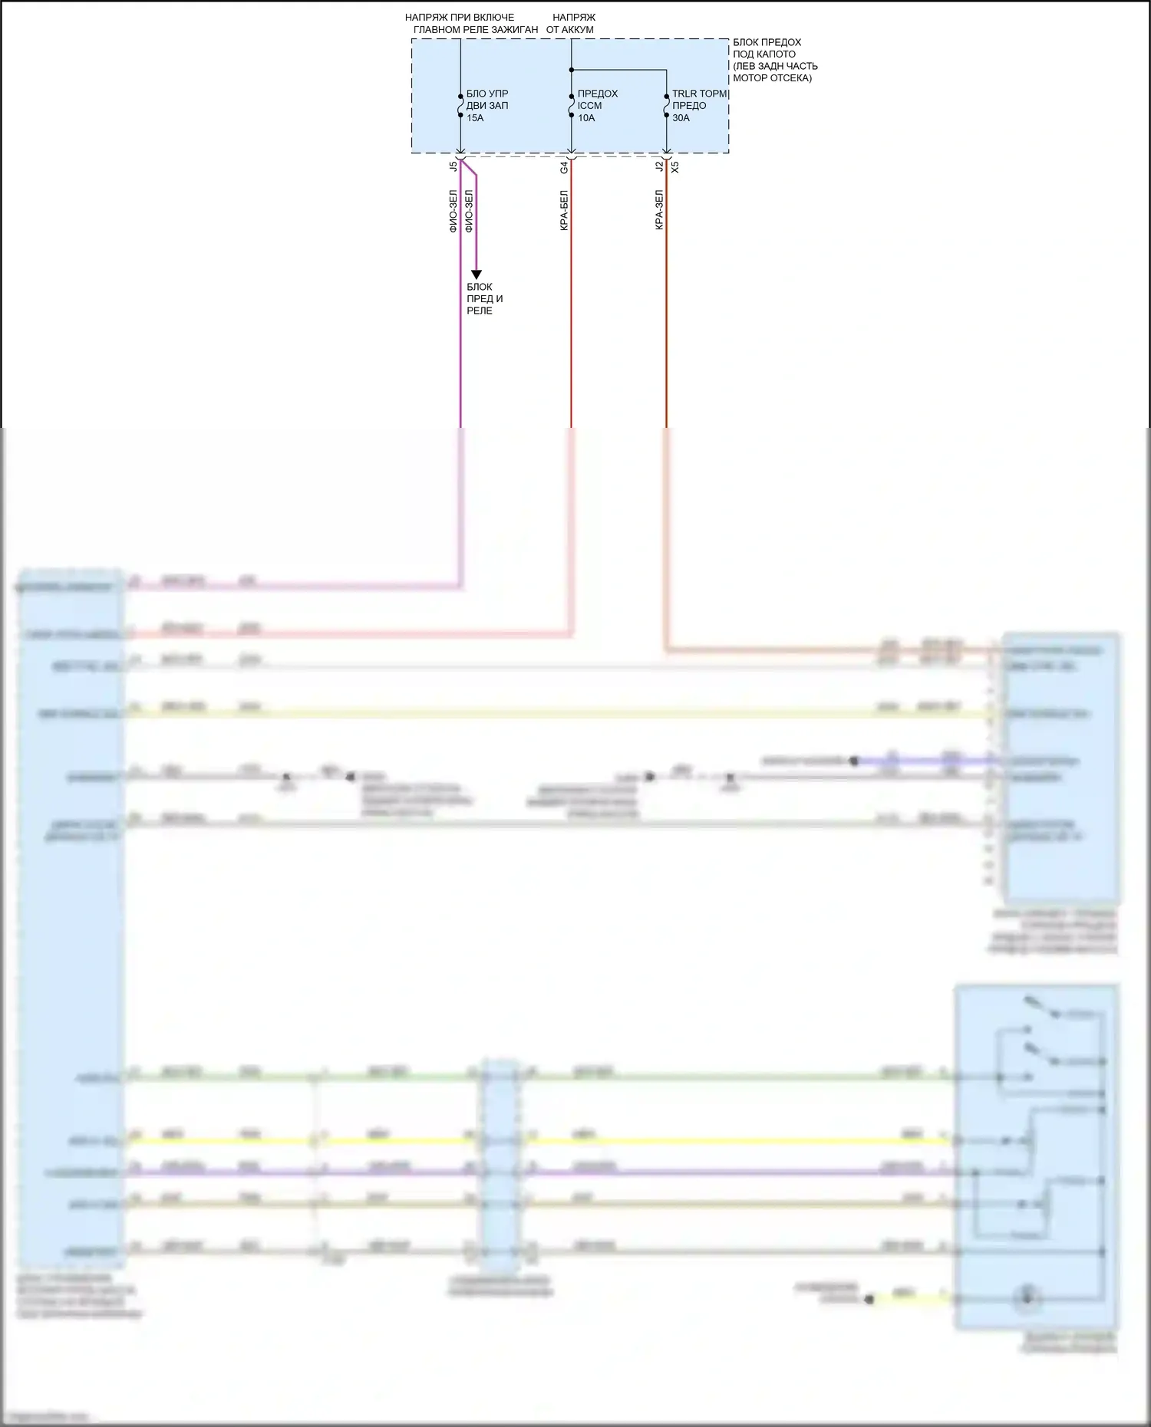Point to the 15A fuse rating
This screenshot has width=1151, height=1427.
pos(475,118)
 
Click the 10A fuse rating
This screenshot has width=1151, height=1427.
pos(586,118)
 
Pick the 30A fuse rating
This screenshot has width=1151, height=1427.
pos(681,118)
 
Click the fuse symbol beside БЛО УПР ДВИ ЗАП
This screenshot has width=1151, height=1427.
pos(460,106)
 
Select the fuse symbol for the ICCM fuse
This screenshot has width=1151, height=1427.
pos(571,106)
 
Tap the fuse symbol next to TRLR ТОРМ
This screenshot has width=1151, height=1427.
pos(666,106)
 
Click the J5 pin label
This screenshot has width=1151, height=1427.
pos(453,166)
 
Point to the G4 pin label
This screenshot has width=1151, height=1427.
pos(564,166)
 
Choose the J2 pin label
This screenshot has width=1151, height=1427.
pos(659,166)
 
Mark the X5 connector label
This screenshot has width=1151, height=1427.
pos(675,166)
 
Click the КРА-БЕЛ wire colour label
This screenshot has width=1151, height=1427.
pos(564,211)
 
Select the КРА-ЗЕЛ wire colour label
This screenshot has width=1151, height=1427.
pos(659,211)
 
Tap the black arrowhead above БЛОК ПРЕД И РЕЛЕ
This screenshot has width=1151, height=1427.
pos(476,275)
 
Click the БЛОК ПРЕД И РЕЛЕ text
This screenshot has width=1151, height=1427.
pos(484,299)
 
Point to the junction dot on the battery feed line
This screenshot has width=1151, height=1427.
pos(571,70)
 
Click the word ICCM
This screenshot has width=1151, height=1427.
pos(589,106)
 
